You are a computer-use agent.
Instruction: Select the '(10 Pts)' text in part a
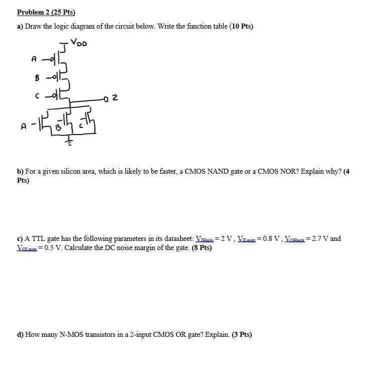tap(241, 27)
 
